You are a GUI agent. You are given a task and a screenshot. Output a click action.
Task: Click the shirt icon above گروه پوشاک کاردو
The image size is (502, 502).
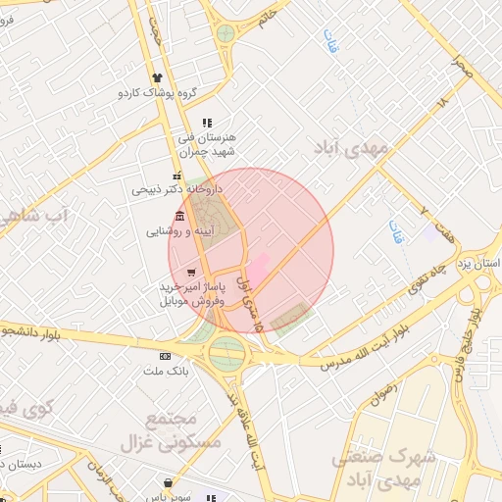[x=157, y=78]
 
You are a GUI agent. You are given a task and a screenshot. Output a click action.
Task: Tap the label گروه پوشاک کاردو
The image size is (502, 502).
[x=158, y=93]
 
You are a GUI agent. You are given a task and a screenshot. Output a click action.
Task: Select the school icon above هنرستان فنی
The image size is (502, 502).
[x=206, y=124]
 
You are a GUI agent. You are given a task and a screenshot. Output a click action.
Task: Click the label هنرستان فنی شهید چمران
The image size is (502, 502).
[x=208, y=143]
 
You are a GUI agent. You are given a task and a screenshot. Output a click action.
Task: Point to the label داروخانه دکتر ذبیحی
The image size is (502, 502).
[x=178, y=188]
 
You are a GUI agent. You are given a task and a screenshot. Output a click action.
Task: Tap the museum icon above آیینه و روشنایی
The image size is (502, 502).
[x=178, y=217]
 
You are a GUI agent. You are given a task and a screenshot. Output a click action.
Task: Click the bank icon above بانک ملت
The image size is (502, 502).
[x=165, y=356]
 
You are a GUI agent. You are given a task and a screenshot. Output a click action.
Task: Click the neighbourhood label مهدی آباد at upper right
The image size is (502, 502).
[x=351, y=147]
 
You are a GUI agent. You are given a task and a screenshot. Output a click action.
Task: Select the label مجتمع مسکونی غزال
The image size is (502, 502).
[x=159, y=430]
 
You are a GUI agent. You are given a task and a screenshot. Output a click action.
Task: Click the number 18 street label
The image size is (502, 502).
[x=442, y=101]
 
